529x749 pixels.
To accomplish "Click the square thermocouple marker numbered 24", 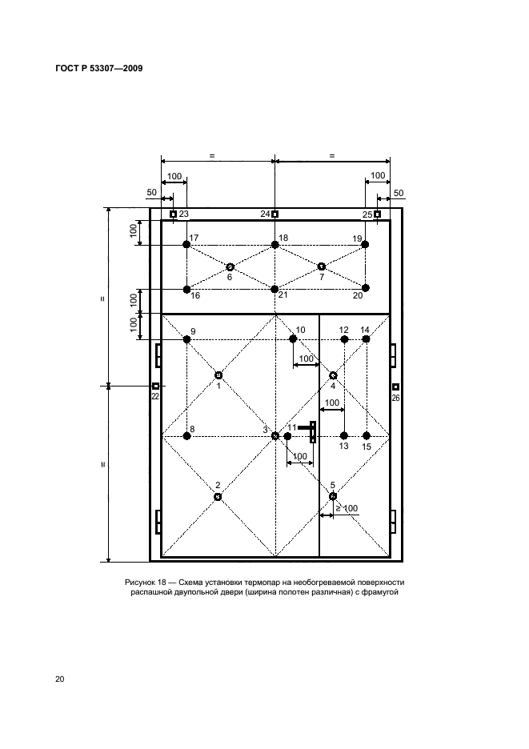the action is pos(275,214).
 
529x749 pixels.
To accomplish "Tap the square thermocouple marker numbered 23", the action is pos(173,214).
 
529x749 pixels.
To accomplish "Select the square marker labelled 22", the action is pos(155,386).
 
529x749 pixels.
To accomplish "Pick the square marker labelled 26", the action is pos(395,387).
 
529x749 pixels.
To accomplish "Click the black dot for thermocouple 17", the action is pos(186,245).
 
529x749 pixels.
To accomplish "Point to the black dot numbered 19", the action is pos(365,245).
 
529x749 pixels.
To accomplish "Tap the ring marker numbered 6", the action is pos(230,266).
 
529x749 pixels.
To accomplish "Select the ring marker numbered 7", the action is pos(322,266).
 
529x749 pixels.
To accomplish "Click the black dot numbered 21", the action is pos(275,289).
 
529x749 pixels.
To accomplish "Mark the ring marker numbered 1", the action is pos(218,375).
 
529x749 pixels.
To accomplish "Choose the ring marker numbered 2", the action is pos(218,497).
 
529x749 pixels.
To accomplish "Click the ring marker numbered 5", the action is pos(333,496).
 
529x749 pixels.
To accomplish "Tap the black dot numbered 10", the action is pos(293,338).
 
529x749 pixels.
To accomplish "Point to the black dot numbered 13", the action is pos(343,435).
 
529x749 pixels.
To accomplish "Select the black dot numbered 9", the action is pos(186,339).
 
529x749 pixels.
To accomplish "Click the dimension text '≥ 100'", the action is pos(347,508).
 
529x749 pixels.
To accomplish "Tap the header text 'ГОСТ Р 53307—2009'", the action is pos(99,68).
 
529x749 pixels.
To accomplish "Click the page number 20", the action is pos(60,679).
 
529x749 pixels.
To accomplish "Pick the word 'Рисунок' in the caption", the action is pos(140,583).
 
